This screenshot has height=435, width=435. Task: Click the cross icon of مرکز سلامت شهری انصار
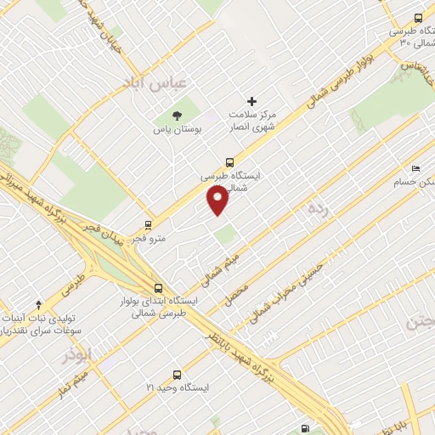point(251,101)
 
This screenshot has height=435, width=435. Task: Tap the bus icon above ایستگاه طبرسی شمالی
point(229,161)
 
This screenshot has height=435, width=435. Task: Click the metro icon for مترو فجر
point(149,226)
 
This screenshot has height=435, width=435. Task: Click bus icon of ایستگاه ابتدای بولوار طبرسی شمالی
point(158,287)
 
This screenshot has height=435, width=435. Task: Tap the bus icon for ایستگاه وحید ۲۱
point(177,374)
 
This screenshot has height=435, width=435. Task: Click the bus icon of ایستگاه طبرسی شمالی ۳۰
point(417,18)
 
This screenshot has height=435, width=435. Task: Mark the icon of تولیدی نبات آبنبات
point(37,304)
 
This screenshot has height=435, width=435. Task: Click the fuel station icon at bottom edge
point(304,428)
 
